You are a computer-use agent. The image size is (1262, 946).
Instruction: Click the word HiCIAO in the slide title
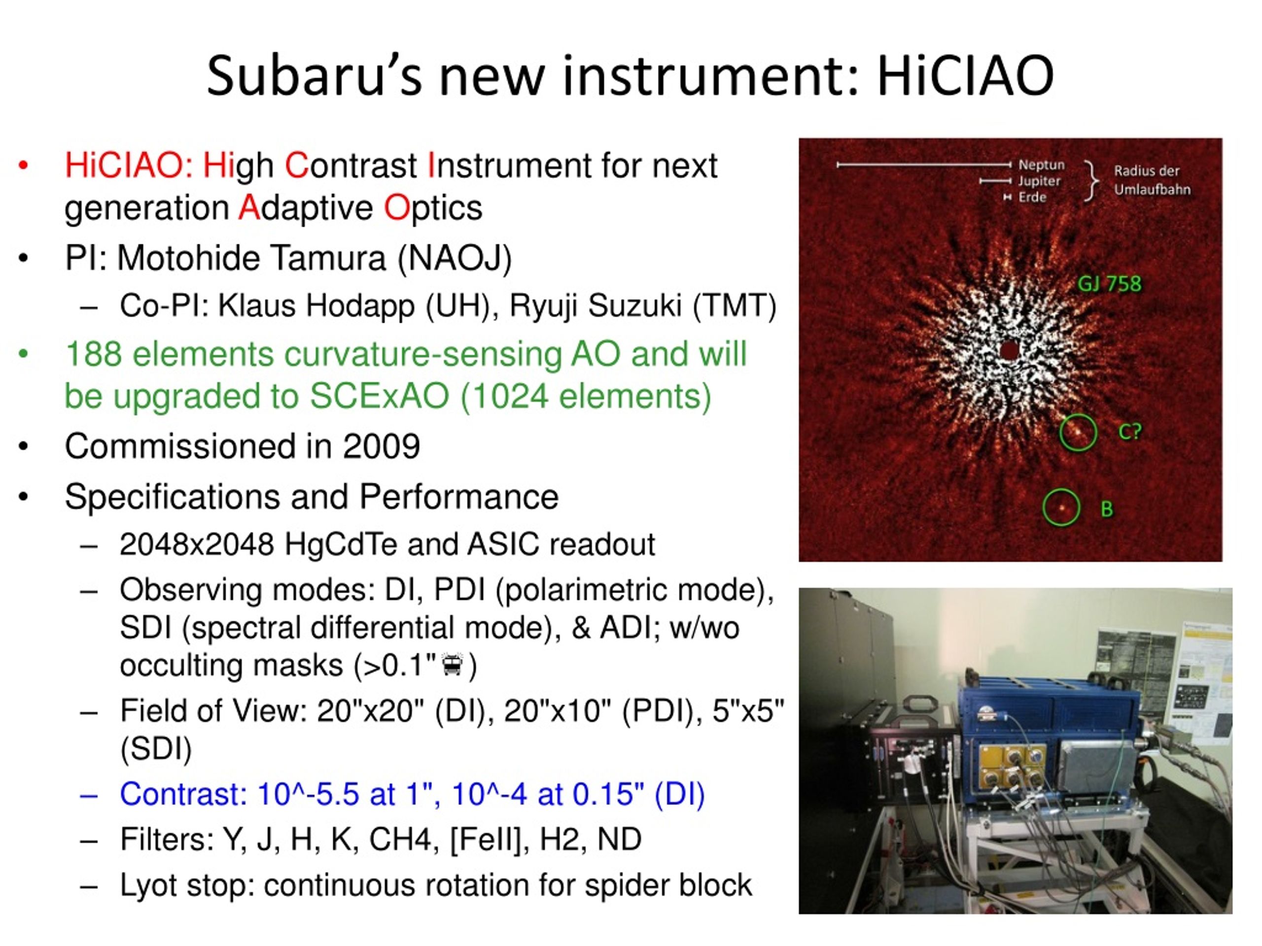click(x=965, y=75)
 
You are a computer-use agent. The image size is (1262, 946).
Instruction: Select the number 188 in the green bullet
click(x=94, y=354)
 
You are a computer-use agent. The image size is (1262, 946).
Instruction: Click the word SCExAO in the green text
click(x=380, y=396)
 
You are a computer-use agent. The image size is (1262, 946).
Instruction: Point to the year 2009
click(x=381, y=446)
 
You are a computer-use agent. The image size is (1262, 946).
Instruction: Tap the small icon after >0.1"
click(x=453, y=664)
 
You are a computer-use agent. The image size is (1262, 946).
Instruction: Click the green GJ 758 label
click(x=1109, y=283)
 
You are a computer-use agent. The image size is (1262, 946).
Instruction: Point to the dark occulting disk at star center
click(x=1009, y=350)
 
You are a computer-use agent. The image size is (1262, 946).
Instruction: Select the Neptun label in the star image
click(x=1041, y=165)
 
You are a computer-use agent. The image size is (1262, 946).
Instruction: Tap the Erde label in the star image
click(x=1032, y=197)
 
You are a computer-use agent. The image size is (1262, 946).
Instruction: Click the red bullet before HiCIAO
click(x=23, y=166)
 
